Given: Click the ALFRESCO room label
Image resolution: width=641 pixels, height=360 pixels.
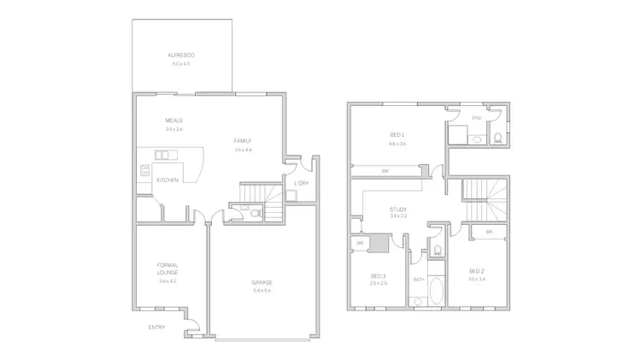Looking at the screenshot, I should click(x=181, y=56).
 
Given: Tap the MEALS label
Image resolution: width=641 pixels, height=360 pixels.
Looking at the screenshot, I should click(x=174, y=121).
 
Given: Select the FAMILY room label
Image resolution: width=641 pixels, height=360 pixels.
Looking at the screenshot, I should click(x=243, y=141).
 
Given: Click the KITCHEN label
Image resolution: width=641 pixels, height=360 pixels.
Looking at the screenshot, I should click(x=168, y=180).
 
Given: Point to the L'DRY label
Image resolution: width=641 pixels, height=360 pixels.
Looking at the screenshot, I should click(x=301, y=183).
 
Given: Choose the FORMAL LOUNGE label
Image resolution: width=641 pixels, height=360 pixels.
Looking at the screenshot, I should click(x=168, y=269).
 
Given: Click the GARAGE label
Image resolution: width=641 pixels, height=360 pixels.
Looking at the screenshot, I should click(x=262, y=282).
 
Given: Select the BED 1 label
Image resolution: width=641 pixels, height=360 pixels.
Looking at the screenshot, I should click(x=397, y=135).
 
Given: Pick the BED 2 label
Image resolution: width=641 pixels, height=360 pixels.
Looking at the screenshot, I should click(x=476, y=270).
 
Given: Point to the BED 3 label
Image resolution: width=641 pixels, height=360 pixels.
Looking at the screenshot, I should click(x=378, y=275).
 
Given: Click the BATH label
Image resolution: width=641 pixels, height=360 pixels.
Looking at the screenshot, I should click(x=419, y=279).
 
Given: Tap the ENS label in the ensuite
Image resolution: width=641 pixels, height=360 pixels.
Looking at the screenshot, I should click(x=476, y=117).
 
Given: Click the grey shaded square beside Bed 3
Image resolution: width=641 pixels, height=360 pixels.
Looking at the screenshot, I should click(x=377, y=243).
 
